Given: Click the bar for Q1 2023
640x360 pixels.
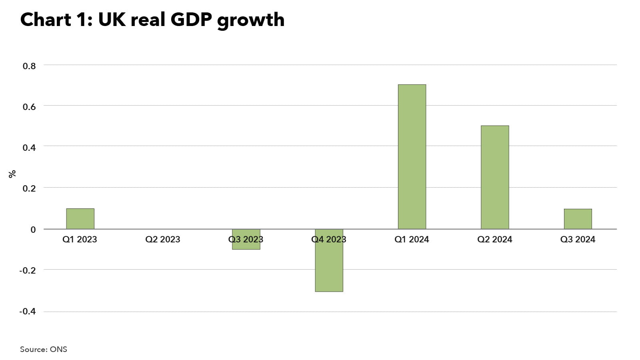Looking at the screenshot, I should (80, 218).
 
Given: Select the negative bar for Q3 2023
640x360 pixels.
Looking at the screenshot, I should (246, 245).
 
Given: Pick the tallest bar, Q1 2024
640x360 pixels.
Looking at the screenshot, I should (412, 156).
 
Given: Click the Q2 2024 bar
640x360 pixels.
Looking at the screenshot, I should (495, 177).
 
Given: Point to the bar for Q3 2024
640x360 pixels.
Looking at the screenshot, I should (578, 219).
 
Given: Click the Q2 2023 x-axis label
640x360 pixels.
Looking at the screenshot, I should (163, 239).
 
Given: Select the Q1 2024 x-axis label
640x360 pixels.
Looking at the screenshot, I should (412, 239).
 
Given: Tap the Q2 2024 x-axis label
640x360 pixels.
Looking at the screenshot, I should (495, 239).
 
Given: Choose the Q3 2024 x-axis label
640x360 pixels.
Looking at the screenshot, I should (578, 239).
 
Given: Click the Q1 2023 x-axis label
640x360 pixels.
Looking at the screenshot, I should (80, 239).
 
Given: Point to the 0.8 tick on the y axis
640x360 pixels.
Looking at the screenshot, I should (29, 66).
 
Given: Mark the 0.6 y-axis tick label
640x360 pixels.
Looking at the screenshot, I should (29, 107).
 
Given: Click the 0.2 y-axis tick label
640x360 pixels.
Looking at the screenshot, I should (29, 188).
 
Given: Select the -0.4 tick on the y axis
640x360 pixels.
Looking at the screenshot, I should (28, 311).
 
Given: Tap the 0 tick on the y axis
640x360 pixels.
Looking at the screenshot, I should (33, 230).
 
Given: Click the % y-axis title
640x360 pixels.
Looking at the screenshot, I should (12, 174).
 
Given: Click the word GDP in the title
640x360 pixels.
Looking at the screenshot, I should (191, 20).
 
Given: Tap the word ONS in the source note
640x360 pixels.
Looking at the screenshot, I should (58, 349).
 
